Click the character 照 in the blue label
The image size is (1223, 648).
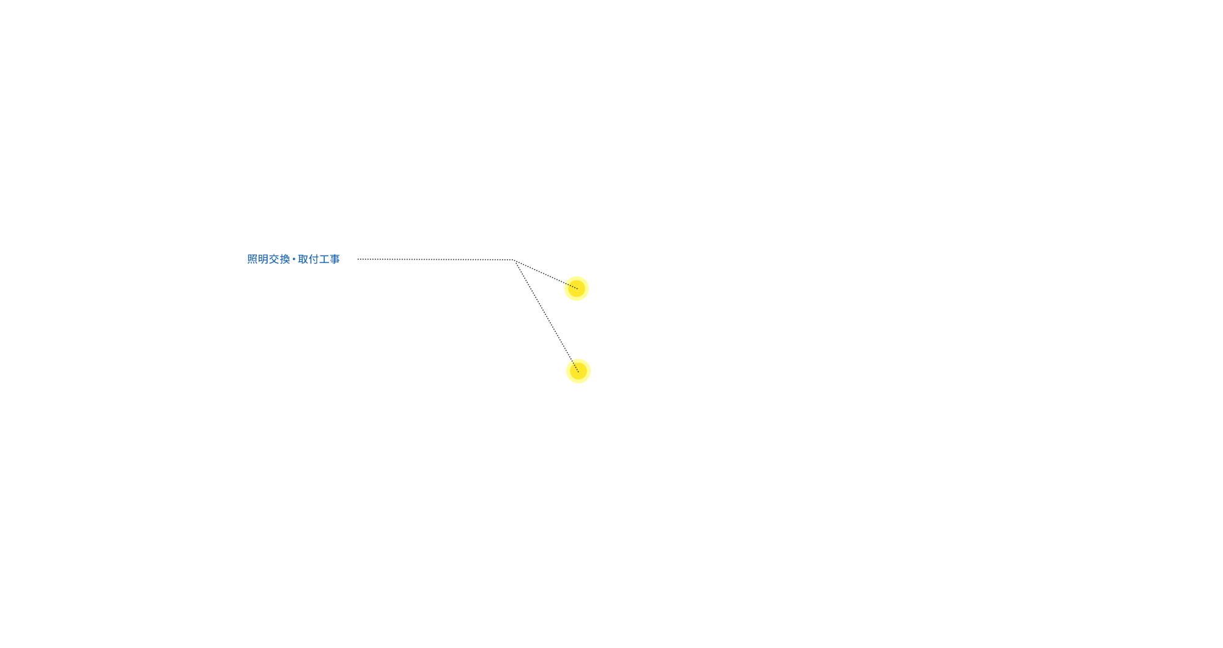click(x=253, y=259)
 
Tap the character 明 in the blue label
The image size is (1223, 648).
click(x=263, y=259)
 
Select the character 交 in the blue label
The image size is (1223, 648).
click(x=274, y=259)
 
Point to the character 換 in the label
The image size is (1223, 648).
click(x=285, y=259)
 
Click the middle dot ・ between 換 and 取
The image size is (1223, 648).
click(x=294, y=259)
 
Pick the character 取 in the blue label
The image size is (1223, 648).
click(x=303, y=259)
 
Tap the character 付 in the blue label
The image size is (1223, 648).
click(x=314, y=259)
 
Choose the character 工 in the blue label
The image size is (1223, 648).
click(x=324, y=259)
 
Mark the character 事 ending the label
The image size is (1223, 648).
click(x=334, y=259)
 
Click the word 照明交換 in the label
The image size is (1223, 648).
click(x=268, y=259)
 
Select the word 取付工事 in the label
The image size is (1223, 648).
click(x=319, y=259)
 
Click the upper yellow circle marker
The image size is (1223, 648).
click(x=577, y=289)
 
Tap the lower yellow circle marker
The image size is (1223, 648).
click(x=578, y=371)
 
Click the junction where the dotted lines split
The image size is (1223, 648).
click(x=515, y=260)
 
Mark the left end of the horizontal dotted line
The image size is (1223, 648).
click(x=359, y=259)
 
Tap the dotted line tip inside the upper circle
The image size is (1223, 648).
click(x=576, y=288)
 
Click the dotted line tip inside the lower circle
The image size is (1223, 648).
click(x=578, y=371)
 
